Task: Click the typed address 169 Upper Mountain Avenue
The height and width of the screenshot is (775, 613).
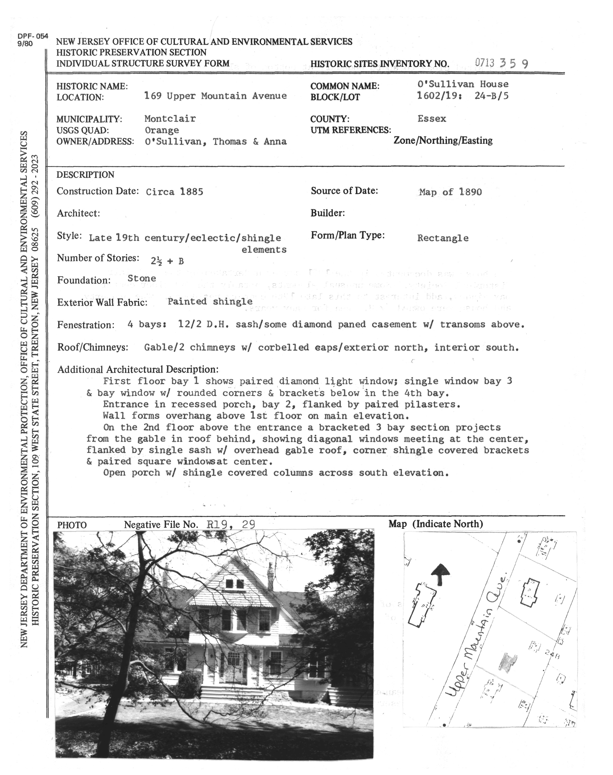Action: coord(215,96)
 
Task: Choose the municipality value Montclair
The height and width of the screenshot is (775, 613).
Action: coord(170,119)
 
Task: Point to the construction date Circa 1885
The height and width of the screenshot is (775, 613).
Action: coord(174,192)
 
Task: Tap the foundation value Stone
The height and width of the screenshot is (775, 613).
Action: coord(142,278)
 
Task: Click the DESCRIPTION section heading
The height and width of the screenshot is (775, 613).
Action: coord(85,175)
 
